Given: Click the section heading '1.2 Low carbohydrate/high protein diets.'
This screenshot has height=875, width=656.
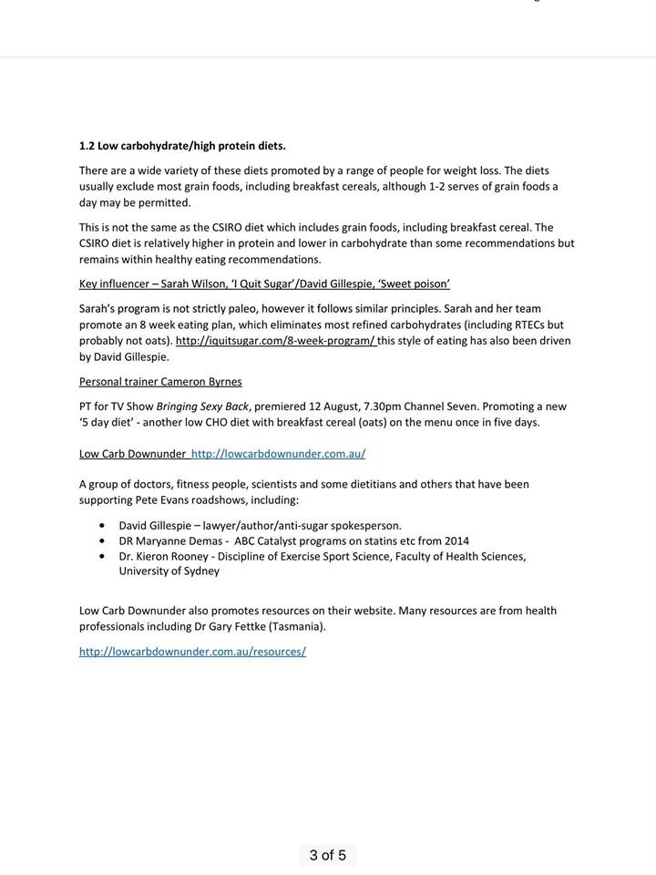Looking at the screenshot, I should coord(182,146).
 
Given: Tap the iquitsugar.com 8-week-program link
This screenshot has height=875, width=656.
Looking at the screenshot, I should coord(275,341).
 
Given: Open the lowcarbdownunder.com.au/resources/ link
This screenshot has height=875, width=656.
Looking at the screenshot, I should coord(192,652).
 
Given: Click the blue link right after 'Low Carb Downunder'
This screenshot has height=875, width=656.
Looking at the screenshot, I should coord(278,453).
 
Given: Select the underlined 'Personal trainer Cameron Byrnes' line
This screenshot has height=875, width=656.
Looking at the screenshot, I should coord(160,381).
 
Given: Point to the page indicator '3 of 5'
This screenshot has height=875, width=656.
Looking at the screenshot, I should coord(327,855).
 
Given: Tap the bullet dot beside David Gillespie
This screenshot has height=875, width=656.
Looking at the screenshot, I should coord(100,526).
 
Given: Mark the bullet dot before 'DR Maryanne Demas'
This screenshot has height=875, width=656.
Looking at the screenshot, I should coord(100,541).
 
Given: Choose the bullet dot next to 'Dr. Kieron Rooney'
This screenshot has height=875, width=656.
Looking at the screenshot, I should coord(100,556).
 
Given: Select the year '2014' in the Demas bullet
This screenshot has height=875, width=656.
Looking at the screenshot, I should coord(456,541).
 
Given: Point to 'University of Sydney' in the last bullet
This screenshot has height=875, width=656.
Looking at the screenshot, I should coord(169,571).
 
